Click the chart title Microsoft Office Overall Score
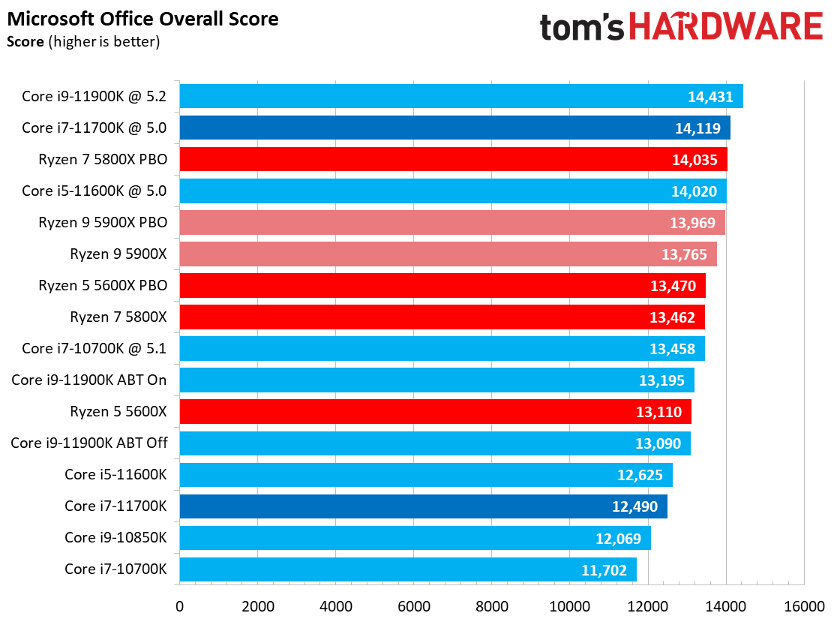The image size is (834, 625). [142, 19]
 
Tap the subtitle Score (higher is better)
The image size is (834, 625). [83, 41]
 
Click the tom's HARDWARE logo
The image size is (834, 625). [681, 28]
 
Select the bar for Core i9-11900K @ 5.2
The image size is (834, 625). [460, 96]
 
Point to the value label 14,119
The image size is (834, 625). [697, 128]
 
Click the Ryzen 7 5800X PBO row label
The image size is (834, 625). [103, 159]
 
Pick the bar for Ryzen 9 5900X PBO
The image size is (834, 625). [451, 222]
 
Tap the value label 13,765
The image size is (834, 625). [684, 254]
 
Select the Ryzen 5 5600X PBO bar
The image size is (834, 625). [442, 286]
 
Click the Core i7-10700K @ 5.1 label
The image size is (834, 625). [94, 348]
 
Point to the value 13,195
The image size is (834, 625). [661, 380]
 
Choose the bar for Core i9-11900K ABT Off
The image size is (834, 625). [434, 443]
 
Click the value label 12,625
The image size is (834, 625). [640, 475]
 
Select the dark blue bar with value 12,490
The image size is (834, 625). [423, 506]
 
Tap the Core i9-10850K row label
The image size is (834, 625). [115, 537]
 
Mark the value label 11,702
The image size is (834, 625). [604, 569]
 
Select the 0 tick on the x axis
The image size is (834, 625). [179, 605]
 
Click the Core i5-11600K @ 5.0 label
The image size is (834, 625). [94, 191]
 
